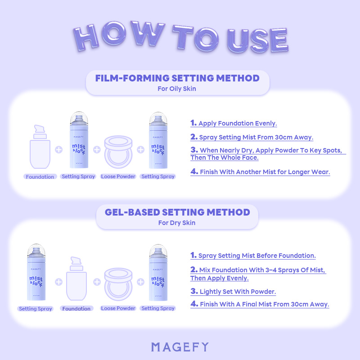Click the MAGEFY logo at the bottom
click(180, 347)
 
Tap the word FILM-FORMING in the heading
click(132, 78)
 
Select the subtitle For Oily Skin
click(177, 89)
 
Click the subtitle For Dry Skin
click(177, 223)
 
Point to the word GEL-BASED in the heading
click(132, 212)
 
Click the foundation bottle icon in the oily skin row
click(40, 147)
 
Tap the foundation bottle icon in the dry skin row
click(76, 279)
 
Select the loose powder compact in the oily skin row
click(118, 152)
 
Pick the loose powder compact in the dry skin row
click(118, 284)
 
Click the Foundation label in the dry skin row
click(76, 309)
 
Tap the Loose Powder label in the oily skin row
click(118, 176)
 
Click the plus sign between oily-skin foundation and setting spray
click(59, 150)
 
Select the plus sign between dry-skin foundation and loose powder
click(97, 282)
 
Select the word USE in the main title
click(257, 40)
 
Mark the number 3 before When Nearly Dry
click(194, 150)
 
